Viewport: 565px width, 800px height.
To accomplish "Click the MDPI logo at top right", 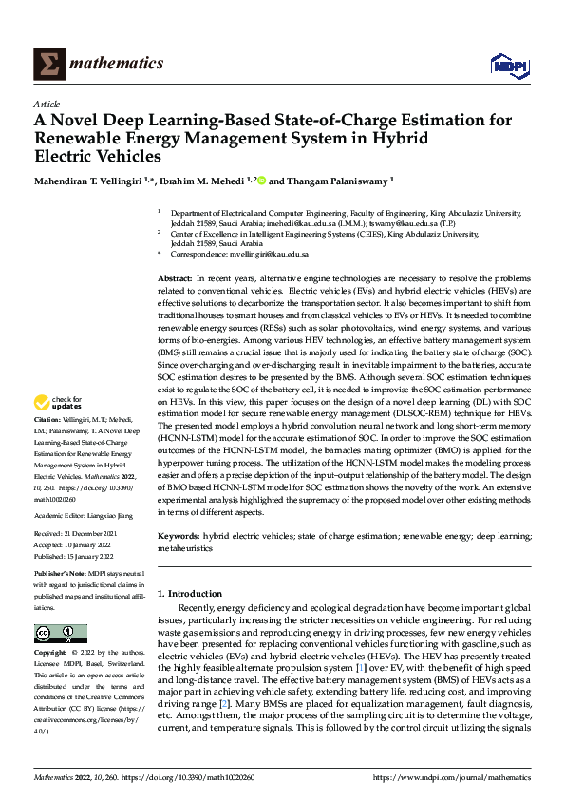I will tap(507, 64).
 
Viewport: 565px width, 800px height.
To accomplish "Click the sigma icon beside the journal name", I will tap(47, 64).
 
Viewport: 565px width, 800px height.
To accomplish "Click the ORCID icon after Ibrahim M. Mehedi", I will tap(261, 178).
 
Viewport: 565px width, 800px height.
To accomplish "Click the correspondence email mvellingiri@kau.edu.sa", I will tap(260, 255).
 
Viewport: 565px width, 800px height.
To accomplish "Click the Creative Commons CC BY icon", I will tap(60, 634).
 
